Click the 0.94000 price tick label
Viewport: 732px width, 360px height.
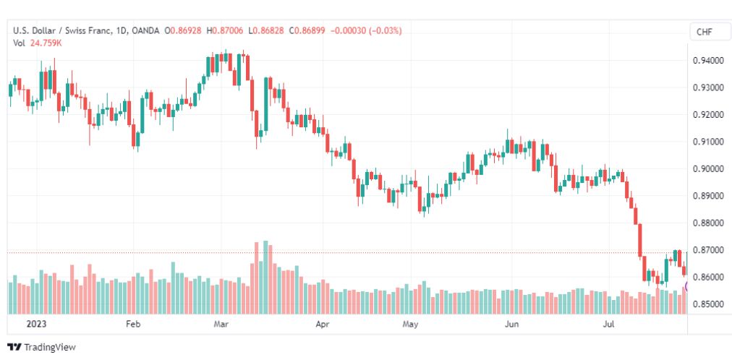click(x=707, y=60)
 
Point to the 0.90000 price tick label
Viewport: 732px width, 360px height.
click(x=707, y=169)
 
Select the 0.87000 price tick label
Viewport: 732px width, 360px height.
click(x=707, y=250)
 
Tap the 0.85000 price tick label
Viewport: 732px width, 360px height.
click(x=707, y=304)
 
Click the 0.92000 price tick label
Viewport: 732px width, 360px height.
click(x=707, y=115)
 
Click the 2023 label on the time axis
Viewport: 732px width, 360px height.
click(x=36, y=324)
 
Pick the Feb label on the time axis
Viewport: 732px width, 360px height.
click(x=134, y=324)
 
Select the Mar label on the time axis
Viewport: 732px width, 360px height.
click(x=221, y=324)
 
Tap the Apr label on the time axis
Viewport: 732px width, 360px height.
click(x=323, y=324)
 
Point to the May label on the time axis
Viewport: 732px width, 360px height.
click(x=411, y=324)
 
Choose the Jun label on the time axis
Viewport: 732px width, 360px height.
click(x=513, y=324)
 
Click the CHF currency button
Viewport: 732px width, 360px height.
click(x=705, y=32)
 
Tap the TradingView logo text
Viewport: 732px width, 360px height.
click(x=49, y=348)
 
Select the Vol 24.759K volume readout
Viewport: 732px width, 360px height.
click(x=38, y=43)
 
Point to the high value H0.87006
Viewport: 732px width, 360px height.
click(x=227, y=31)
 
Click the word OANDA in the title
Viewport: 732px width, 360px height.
click(x=145, y=31)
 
